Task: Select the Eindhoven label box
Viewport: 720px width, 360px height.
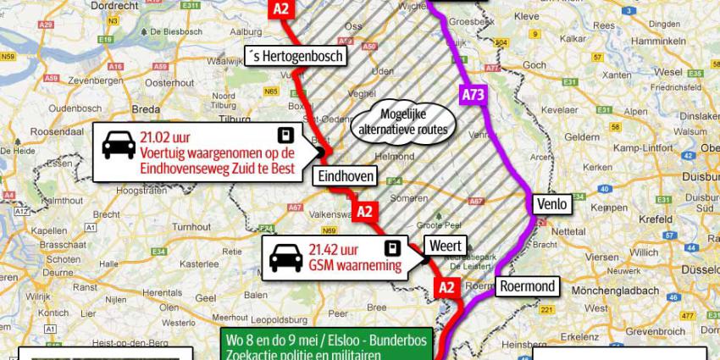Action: click(346, 175)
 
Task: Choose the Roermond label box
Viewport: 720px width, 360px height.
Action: click(527, 286)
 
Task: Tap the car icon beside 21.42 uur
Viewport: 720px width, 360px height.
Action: click(285, 255)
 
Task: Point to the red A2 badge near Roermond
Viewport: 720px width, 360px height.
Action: click(448, 288)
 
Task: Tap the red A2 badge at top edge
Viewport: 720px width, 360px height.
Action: click(282, 8)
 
